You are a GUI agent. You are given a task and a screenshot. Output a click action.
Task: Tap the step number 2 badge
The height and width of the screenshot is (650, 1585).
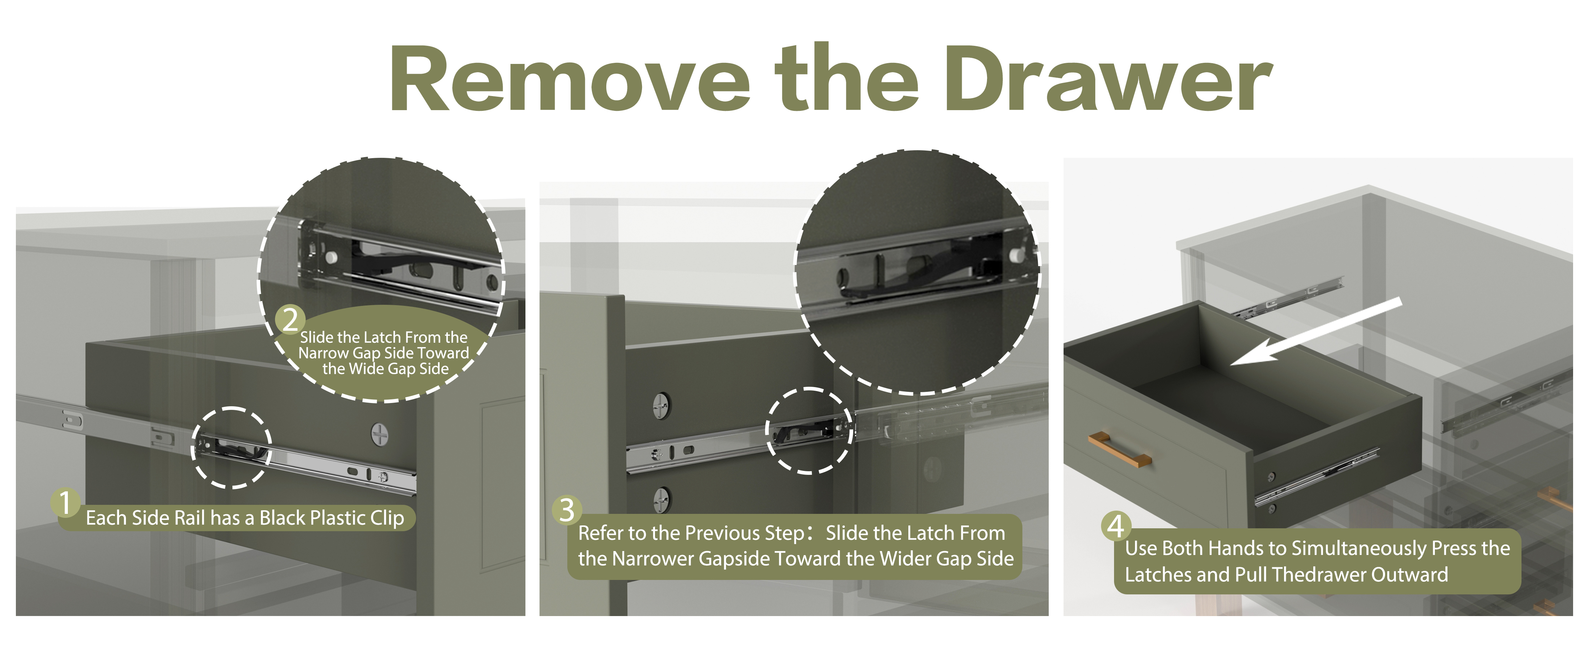coord(290,320)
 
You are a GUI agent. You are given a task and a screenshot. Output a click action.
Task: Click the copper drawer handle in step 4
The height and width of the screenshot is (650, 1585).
coord(1119,449)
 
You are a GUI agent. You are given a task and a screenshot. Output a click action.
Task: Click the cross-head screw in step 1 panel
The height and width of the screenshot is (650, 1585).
coord(380,434)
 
